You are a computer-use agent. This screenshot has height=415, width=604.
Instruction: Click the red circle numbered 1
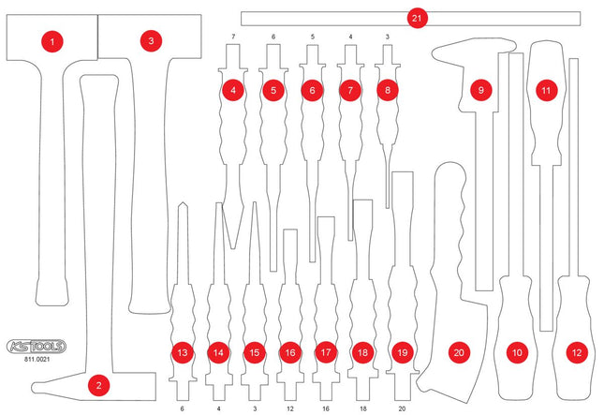pyautogui.click(x=53, y=41)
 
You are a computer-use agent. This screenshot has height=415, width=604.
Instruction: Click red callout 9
pyautogui.click(x=480, y=91)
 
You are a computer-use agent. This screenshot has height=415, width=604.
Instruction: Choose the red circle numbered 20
pyautogui.click(x=458, y=353)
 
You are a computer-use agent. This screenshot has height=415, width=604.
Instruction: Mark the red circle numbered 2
pyautogui.click(x=98, y=383)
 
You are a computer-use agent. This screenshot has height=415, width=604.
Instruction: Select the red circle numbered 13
pyautogui.click(x=182, y=353)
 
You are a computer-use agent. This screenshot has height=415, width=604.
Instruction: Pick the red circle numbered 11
pyautogui.click(x=545, y=91)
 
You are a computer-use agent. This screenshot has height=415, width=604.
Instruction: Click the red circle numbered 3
pyautogui.click(x=149, y=41)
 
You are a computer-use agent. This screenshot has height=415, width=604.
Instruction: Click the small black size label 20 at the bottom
pyautogui.click(x=402, y=409)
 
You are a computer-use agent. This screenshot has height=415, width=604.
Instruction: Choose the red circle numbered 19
pyautogui.click(x=402, y=353)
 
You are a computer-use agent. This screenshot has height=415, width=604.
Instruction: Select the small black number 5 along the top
pyautogui.click(x=312, y=37)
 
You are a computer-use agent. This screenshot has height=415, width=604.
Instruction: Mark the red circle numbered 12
pyautogui.click(x=575, y=353)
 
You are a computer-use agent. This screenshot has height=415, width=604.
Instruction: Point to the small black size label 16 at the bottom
pyautogui.click(x=325, y=409)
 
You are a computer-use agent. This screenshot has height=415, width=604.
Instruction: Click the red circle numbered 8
pyautogui.click(x=387, y=91)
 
